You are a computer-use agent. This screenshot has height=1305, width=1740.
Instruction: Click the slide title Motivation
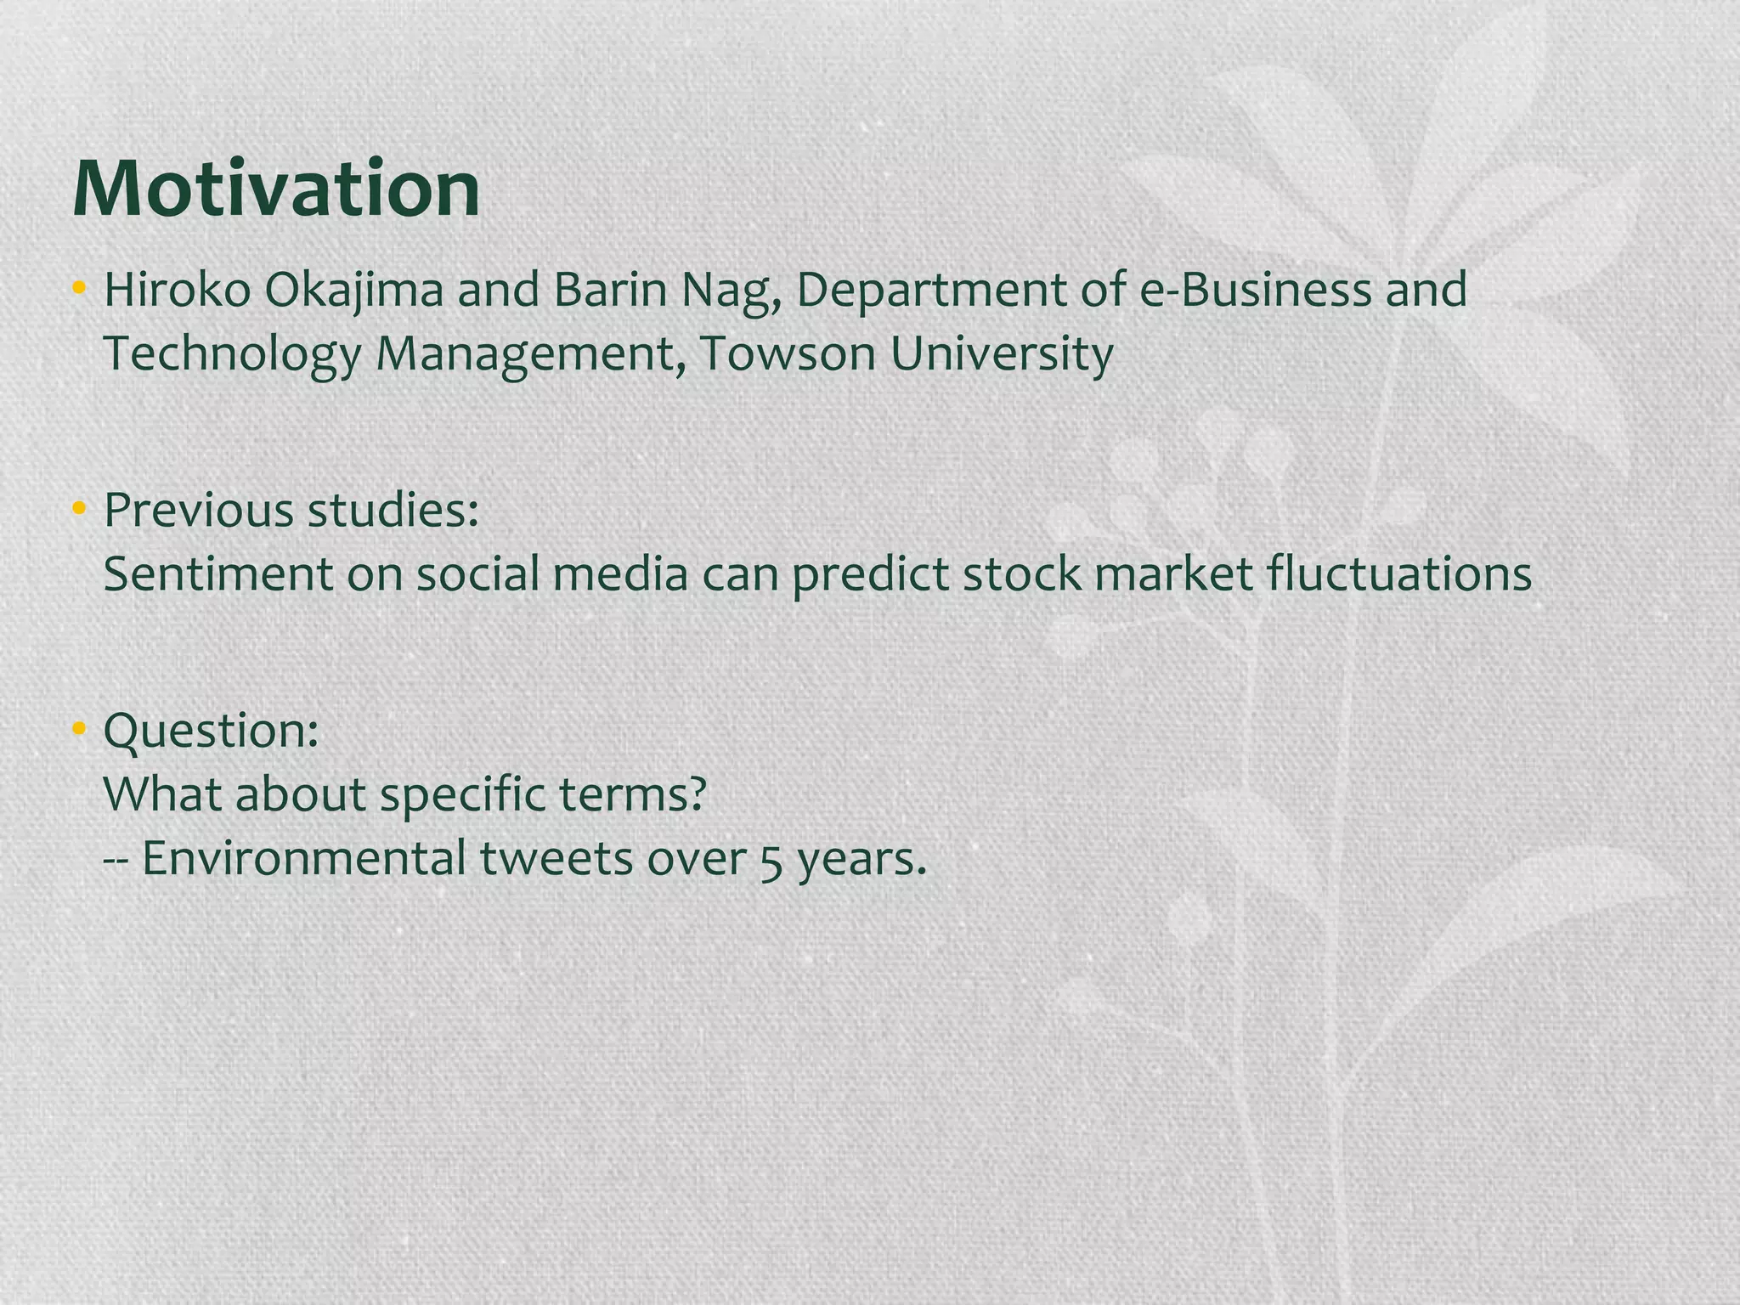click(276, 189)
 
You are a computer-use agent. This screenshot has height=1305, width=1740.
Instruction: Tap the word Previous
click(198, 511)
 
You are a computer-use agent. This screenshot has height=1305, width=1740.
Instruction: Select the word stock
click(1022, 575)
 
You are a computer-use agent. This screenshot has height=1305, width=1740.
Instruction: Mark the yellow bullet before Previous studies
click(79, 511)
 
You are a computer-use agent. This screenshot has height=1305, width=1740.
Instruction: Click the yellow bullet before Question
click(79, 730)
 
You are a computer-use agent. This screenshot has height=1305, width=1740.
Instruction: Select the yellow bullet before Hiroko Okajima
click(79, 290)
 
